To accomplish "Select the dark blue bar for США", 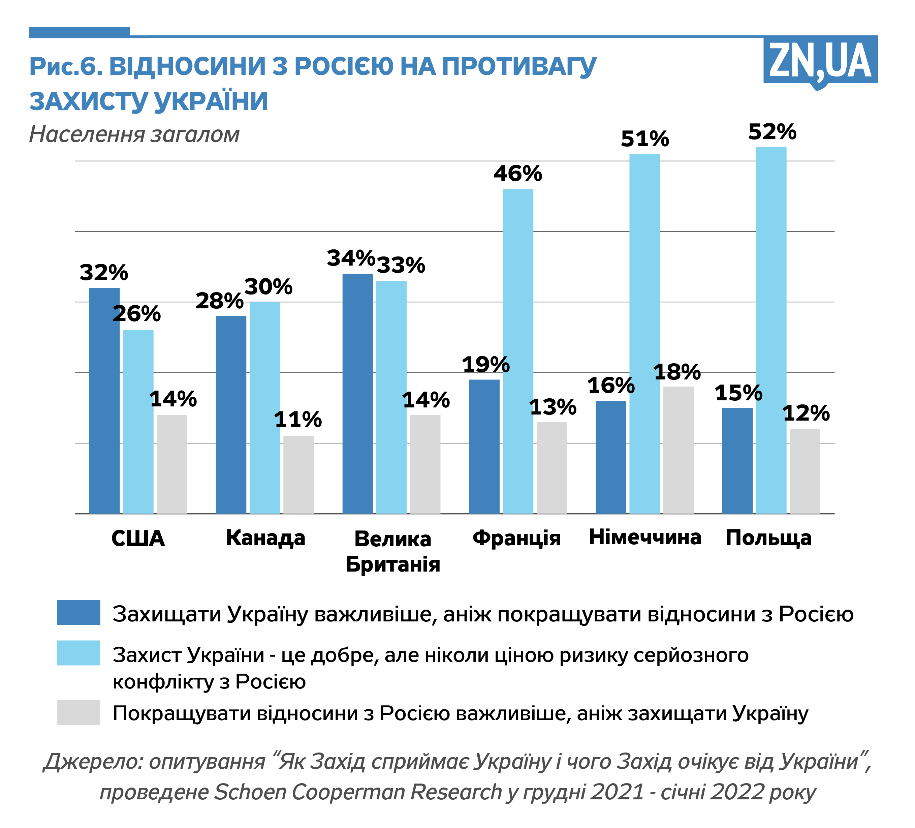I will (104, 400).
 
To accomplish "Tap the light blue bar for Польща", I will (771, 330).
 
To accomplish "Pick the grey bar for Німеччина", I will (678, 450).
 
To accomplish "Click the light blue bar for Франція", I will (518, 351).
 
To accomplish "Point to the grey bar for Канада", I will (298, 474).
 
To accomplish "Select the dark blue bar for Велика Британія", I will (358, 394).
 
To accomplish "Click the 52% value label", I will (772, 132).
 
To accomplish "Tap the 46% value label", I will (518, 174).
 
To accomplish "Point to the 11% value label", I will (298, 420).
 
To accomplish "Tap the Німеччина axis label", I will (645, 538).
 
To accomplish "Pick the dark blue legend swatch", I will (78, 613).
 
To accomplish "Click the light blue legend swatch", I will (78, 653).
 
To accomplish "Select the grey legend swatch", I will (78, 712).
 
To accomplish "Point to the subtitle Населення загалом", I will (134, 134).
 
